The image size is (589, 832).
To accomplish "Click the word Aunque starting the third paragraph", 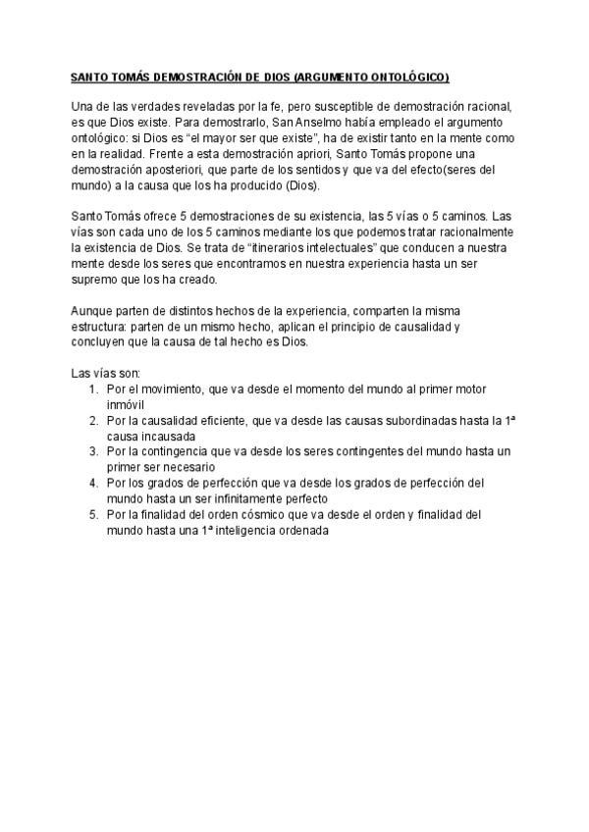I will point(93,310).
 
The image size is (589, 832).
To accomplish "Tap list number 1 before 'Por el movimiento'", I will point(92,390).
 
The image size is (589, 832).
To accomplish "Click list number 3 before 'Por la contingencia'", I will point(92,450).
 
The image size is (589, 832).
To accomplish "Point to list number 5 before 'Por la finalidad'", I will point(92,513).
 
